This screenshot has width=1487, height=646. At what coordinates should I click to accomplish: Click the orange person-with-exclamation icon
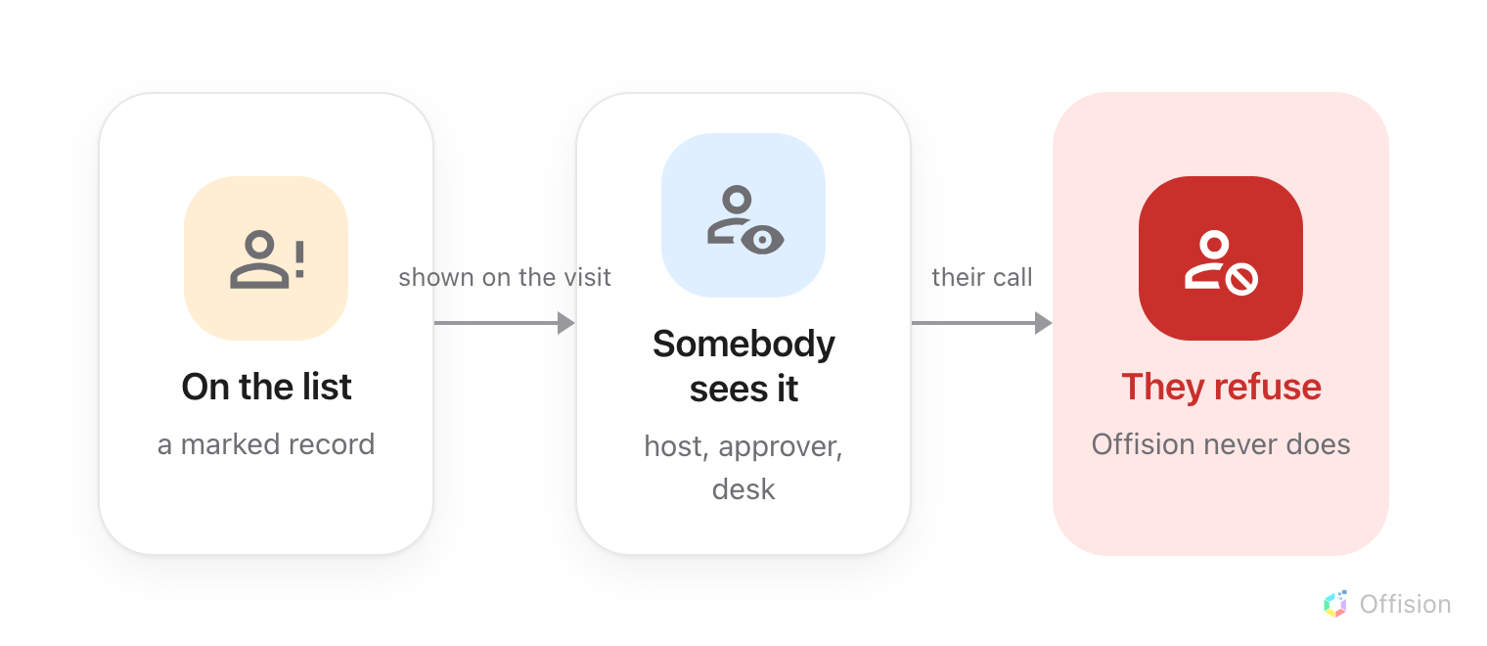point(266,258)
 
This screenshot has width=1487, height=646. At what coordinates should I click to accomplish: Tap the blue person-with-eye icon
point(743,215)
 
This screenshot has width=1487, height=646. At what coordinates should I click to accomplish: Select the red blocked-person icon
point(1221,258)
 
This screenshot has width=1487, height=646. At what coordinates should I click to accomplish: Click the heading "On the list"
point(266,387)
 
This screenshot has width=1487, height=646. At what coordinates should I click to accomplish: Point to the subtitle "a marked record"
point(266,444)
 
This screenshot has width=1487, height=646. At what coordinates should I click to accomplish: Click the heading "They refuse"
point(1222,387)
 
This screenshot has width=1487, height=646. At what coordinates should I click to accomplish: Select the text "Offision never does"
point(1221,444)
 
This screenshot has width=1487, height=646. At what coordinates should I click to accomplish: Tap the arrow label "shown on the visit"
point(505,277)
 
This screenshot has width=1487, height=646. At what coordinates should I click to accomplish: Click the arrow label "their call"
point(982,277)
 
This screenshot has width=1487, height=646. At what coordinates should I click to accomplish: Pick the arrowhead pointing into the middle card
point(565,323)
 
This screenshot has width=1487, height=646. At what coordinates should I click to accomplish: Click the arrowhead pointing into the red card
point(1044,323)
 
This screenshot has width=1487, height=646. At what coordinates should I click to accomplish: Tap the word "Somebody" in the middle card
point(743,344)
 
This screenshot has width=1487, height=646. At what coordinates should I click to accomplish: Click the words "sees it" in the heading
point(743,389)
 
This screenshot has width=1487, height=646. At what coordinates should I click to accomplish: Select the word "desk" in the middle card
point(743,489)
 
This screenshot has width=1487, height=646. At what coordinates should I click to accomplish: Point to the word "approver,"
point(781,447)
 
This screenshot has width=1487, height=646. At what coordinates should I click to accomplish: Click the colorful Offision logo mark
point(1335,604)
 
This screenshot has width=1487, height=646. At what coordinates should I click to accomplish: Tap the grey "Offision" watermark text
point(1406,604)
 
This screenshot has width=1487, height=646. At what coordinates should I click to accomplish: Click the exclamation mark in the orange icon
point(300,259)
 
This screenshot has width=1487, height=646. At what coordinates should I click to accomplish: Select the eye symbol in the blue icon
point(762,240)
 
